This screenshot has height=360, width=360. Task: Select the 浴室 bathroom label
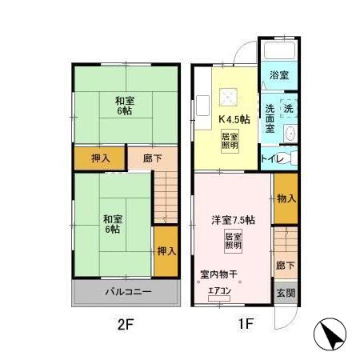coord(278,75)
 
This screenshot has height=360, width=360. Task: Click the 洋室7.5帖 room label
coord(233,219)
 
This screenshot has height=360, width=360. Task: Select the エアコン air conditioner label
coord(219,291)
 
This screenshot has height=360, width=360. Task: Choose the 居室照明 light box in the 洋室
coord(234,242)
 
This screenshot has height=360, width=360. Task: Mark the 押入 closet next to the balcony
coord(166,252)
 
